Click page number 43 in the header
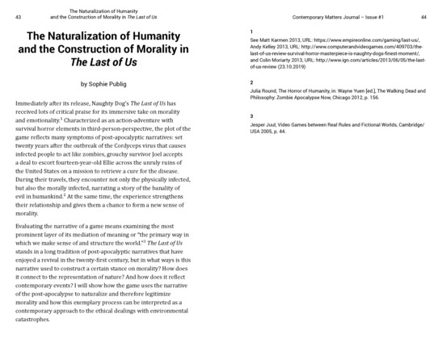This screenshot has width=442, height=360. point(7,16)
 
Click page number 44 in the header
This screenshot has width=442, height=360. point(434,16)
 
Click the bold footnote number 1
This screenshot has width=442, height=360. point(252,31)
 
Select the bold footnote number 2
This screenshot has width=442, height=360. point(252,82)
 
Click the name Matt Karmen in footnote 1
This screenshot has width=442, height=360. point(275,41)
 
